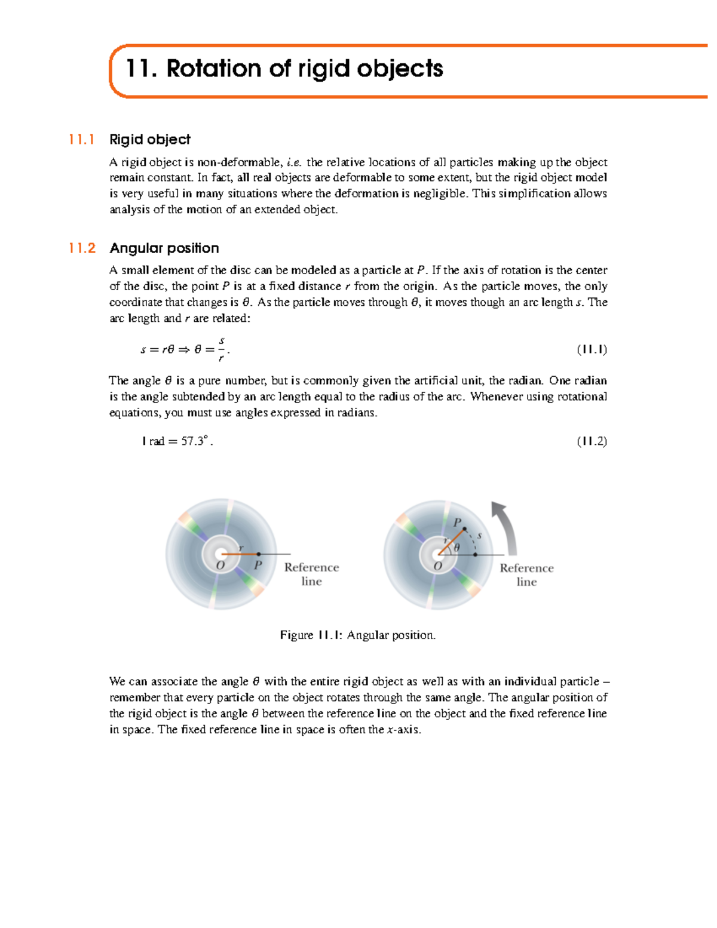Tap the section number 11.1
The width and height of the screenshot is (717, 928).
point(82,140)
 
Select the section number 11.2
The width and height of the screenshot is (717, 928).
point(82,248)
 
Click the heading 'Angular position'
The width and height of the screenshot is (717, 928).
point(164,248)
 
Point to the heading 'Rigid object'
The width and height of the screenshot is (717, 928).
point(150,140)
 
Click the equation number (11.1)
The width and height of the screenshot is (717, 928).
point(592,349)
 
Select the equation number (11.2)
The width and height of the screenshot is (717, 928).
point(592,441)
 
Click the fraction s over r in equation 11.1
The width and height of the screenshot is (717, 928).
point(221,349)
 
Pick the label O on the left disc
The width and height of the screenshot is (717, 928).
point(220,566)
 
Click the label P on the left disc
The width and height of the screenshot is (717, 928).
point(258,565)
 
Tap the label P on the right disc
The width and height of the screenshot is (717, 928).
point(457,523)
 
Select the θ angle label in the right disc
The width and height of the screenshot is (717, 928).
point(457,547)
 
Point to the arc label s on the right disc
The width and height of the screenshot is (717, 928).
point(479,536)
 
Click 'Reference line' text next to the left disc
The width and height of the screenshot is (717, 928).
point(311,574)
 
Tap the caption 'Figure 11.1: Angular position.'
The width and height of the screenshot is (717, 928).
point(357,635)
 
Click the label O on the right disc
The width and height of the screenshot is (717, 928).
point(438,566)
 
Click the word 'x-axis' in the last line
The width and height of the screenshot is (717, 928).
point(403,730)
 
